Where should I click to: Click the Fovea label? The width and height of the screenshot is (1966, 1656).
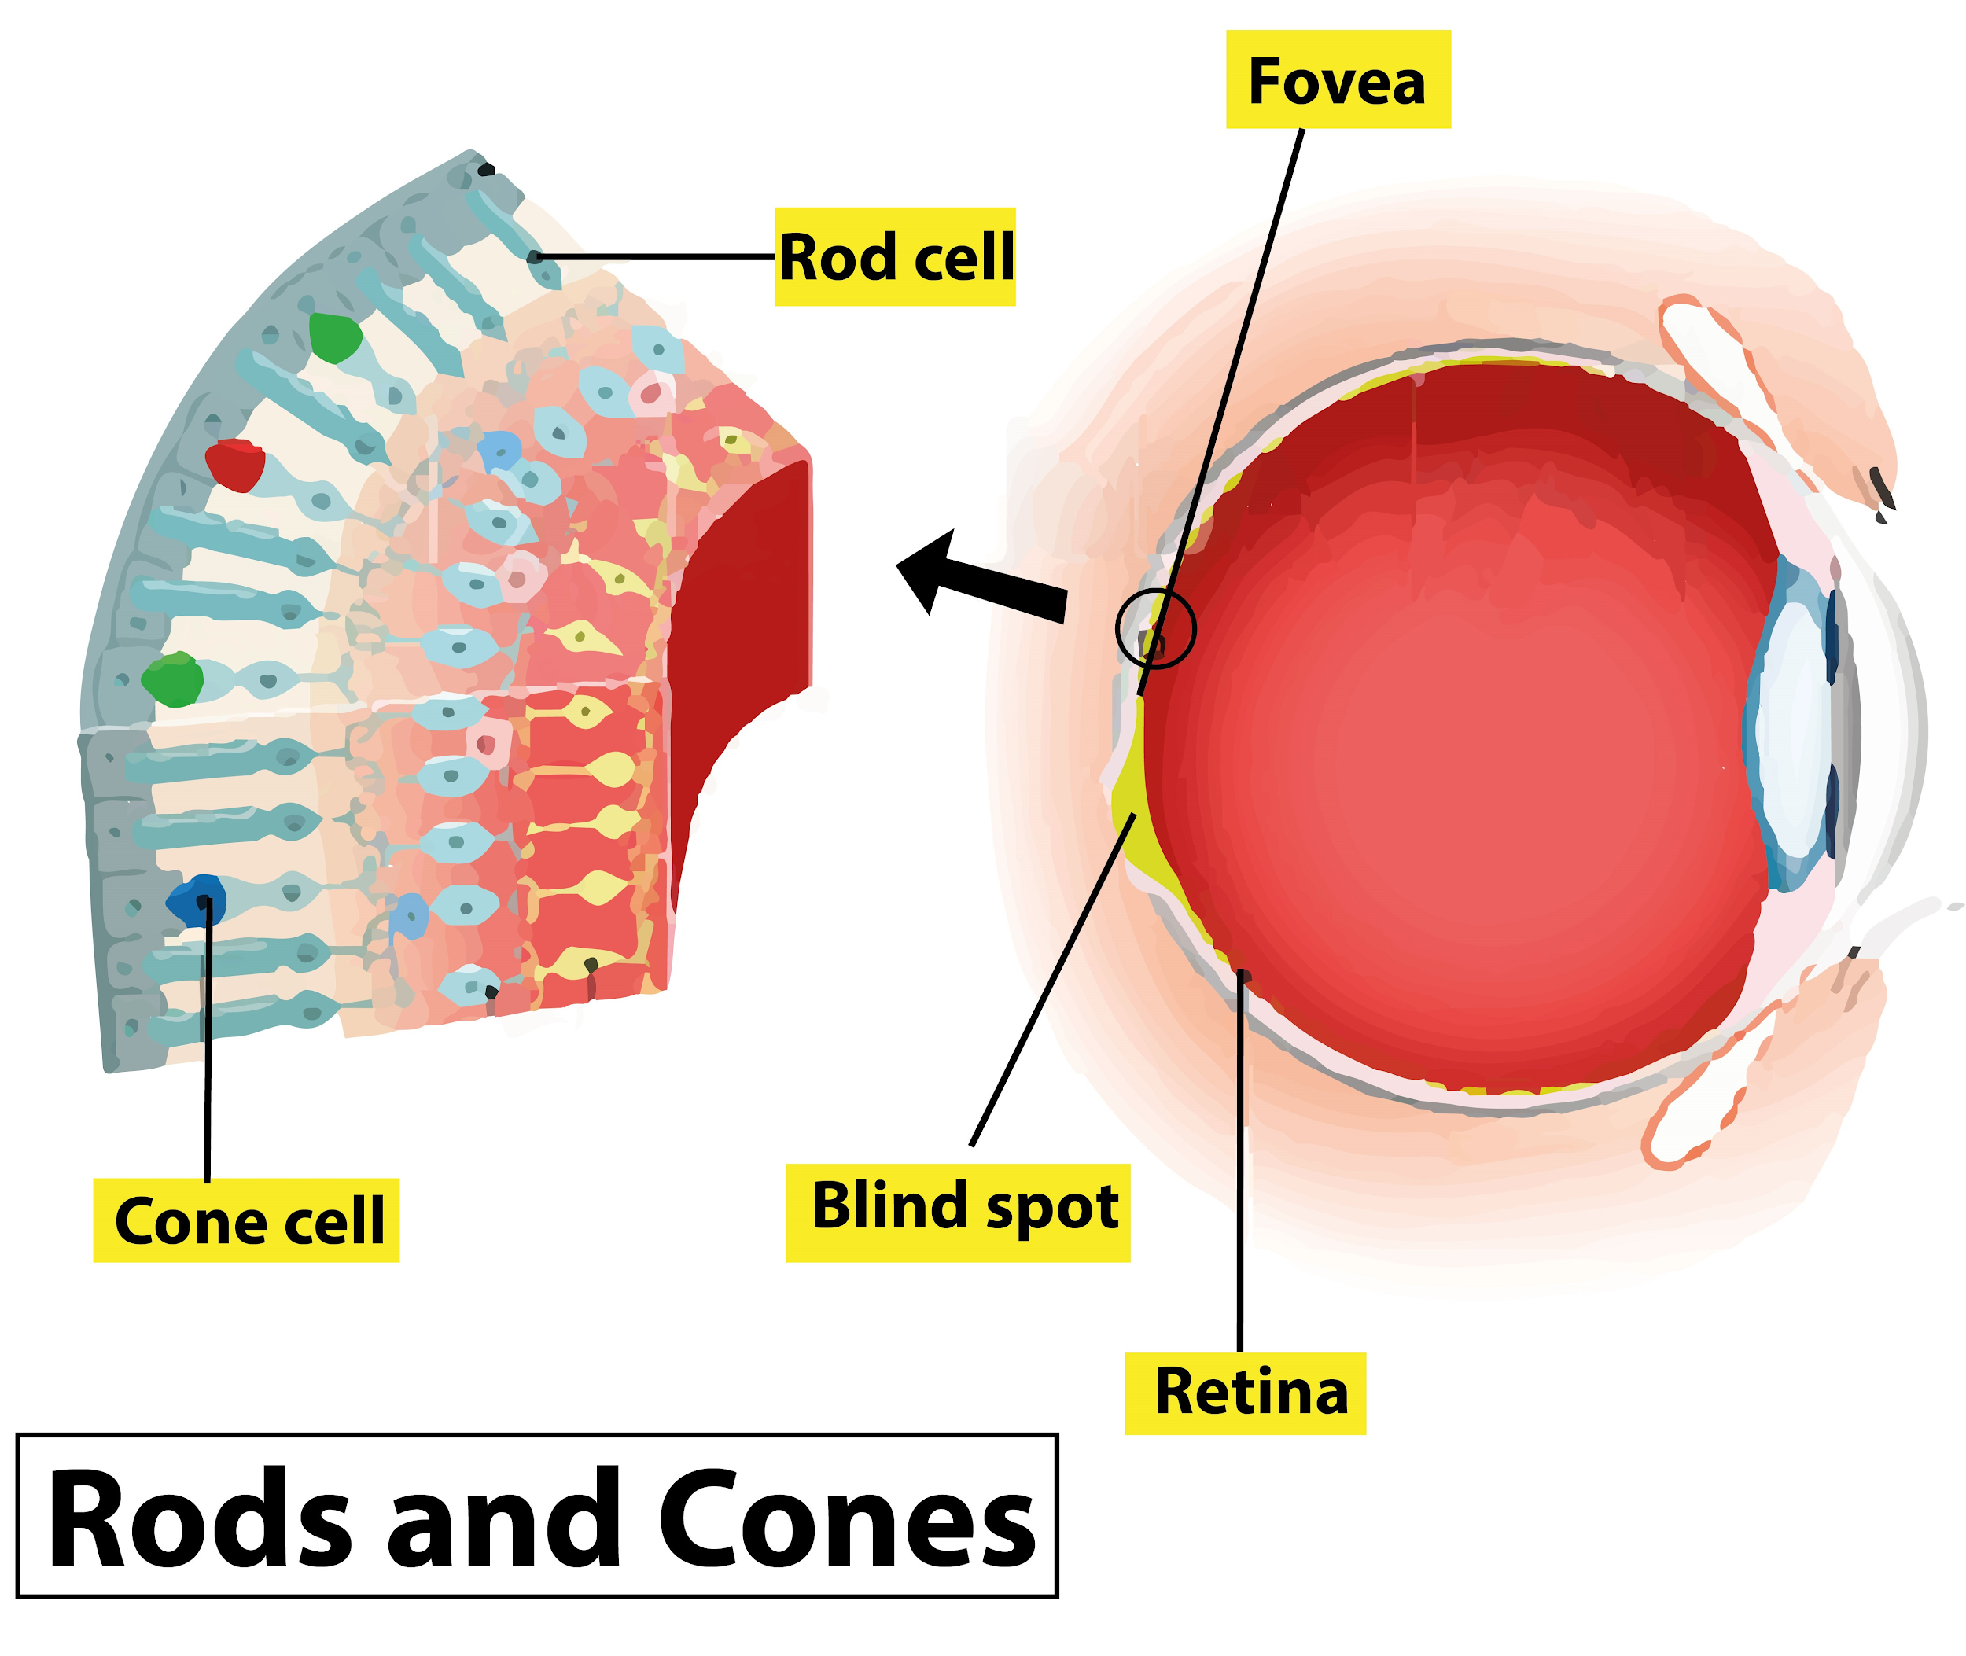[1337, 81]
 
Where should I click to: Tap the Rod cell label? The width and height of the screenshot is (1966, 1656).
[895, 256]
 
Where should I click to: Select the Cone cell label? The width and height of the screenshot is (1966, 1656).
[247, 1221]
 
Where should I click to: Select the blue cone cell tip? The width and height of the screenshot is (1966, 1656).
[195, 900]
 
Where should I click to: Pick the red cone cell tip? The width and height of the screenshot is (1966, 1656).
[234, 465]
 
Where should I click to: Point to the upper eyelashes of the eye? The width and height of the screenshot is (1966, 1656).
[1883, 493]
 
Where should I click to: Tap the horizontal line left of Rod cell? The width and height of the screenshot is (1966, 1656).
[657, 256]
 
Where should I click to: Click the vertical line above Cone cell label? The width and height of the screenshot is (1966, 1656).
[208, 1042]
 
